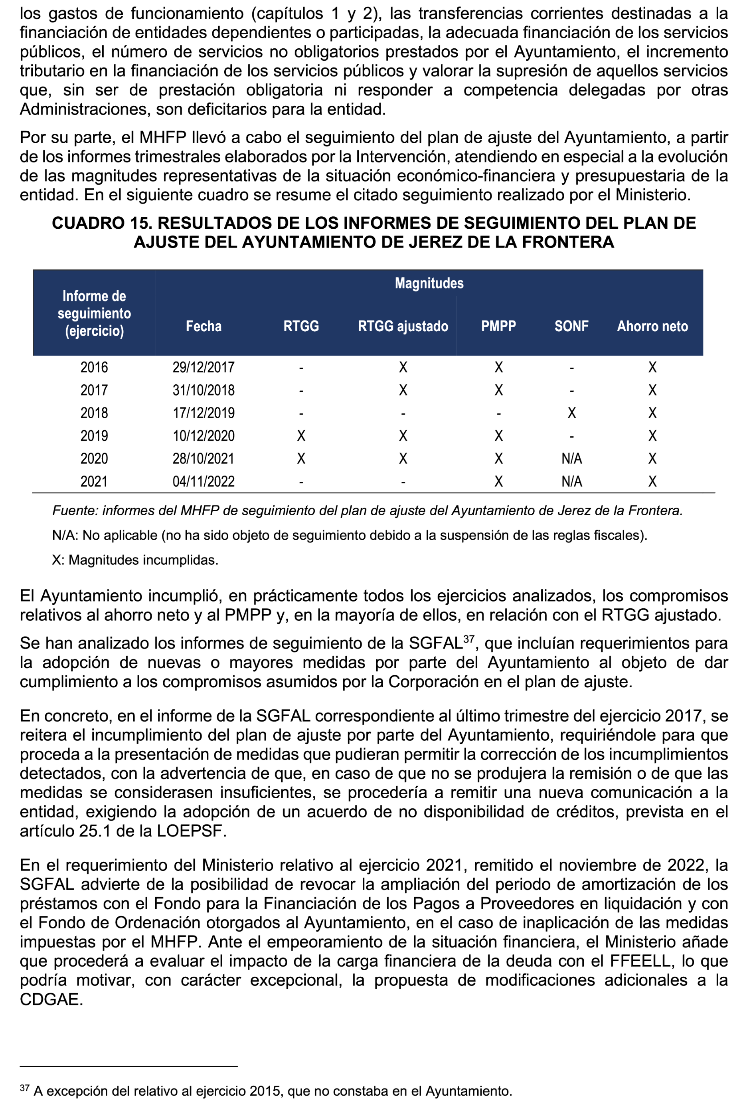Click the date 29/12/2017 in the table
pyautogui.click(x=204, y=368)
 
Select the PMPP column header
pyautogui.click(x=498, y=326)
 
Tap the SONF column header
pyautogui.click(x=571, y=326)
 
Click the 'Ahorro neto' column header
pyautogui.click(x=652, y=326)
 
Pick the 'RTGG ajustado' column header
pyautogui.click(x=403, y=326)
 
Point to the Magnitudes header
pyautogui.click(x=429, y=283)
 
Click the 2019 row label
pyautogui.click(x=94, y=436)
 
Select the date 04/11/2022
pyautogui.click(x=204, y=481)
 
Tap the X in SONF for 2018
pyautogui.click(x=571, y=413)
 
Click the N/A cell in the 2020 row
pyautogui.click(x=571, y=459)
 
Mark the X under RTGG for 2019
pyautogui.click(x=301, y=436)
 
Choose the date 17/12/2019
pyautogui.click(x=204, y=413)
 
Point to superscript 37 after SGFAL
pyautogui.click(x=468, y=639)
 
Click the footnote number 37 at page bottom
pyautogui.click(x=24, y=1088)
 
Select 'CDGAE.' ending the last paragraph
pyautogui.click(x=51, y=999)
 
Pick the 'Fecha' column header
pyautogui.click(x=204, y=326)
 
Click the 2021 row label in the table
pyautogui.click(x=94, y=481)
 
